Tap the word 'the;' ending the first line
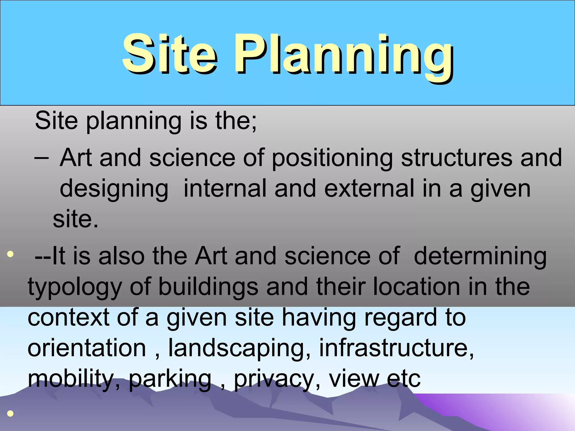click(x=236, y=121)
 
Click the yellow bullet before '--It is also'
click(x=10, y=254)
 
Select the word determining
click(x=480, y=256)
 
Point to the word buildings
click(x=208, y=287)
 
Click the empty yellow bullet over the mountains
click(x=10, y=413)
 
